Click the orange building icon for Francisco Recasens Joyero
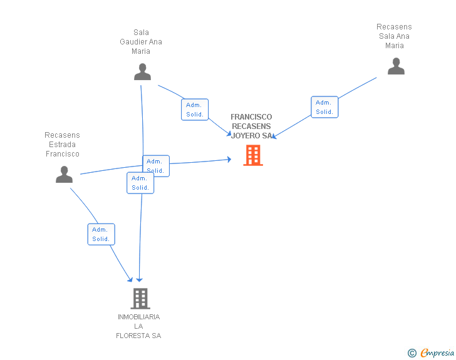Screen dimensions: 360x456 pyautogui.click(x=253, y=155)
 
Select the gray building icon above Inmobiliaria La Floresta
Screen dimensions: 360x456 pyautogui.click(x=140, y=299)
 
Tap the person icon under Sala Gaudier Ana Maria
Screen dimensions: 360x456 pyautogui.click(x=142, y=72)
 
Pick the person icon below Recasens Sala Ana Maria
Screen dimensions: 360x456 pyautogui.click(x=396, y=66)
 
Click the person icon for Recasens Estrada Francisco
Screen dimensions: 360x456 pyautogui.click(x=64, y=175)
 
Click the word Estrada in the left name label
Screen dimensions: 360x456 pyautogui.click(x=62, y=145)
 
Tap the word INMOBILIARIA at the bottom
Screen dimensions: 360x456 pyautogui.click(x=138, y=317)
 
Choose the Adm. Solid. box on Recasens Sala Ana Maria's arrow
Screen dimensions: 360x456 pyautogui.click(x=324, y=107)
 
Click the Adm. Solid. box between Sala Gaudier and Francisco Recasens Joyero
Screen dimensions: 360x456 pyautogui.click(x=194, y=110)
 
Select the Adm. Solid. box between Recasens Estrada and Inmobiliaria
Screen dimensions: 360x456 pyautogui.click(x=101, y=234)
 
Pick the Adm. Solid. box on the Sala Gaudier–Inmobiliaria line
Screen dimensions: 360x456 pyautogui.click(x=140, y=183)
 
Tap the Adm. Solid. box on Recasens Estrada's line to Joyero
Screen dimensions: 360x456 pyautogui.click(x=155, y=166)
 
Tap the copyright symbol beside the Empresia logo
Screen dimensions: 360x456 pyautogui.click(x=412, y=354)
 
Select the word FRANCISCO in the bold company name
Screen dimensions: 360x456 pyautogui.click(x=251, y=117)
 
